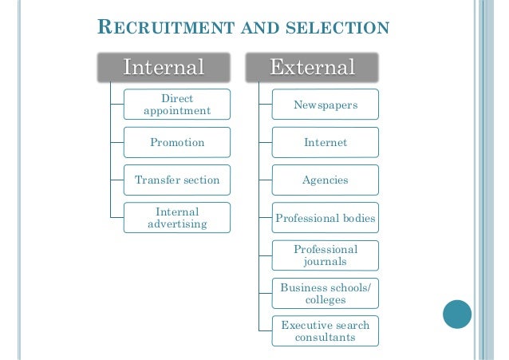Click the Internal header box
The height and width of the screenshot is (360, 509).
coord(164,67)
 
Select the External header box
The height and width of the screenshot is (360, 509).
coord(312,67)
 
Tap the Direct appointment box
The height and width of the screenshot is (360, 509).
coord(177,105)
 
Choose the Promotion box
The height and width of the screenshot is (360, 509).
coord(177,143)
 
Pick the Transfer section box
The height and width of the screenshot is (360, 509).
coord(177,180)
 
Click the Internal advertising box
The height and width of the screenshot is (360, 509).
coord(177,218)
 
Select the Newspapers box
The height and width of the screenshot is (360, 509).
coord(326,105)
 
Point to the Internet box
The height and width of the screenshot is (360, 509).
coord(326,143)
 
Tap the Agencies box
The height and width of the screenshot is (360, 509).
coord(326,180)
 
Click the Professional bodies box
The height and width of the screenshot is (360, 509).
coord(326,218)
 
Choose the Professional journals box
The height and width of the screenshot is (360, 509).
coord(326,255)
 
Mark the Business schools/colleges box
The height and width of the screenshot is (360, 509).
coord(326,293)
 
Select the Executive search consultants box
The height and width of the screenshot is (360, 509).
coord(326,330)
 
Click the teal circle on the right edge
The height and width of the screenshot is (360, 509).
coord(457,314)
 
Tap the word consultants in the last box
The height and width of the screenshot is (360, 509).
coord(326,338)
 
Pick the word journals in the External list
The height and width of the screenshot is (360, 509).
coord(326,262)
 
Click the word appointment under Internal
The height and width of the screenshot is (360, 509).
coord(177,111)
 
